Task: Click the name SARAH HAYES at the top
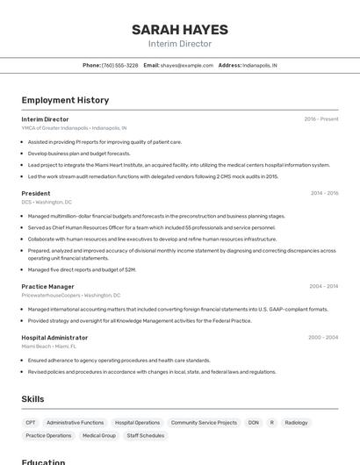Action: pos(179,29)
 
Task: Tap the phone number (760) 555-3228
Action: pos(119,65)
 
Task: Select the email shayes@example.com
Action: pos(187,65)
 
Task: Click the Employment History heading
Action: pos(65,100)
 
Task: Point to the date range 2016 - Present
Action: pos(320,119)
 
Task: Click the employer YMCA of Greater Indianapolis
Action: pos(54,128)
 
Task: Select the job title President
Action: pos(36,193)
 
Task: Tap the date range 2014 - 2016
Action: pos(324,193)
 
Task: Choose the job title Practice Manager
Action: pos(47,286)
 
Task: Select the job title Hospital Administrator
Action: pos(54,337)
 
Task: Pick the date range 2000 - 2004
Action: pos(323,337)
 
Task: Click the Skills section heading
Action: pos(32,399)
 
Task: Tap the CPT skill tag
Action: pos(31,422)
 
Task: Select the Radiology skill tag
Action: pos(296,422)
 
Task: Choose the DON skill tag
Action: pos(253,422)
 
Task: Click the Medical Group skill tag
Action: pos(98,435)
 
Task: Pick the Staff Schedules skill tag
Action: pos(145,435)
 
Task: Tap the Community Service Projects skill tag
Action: pos(204,422)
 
